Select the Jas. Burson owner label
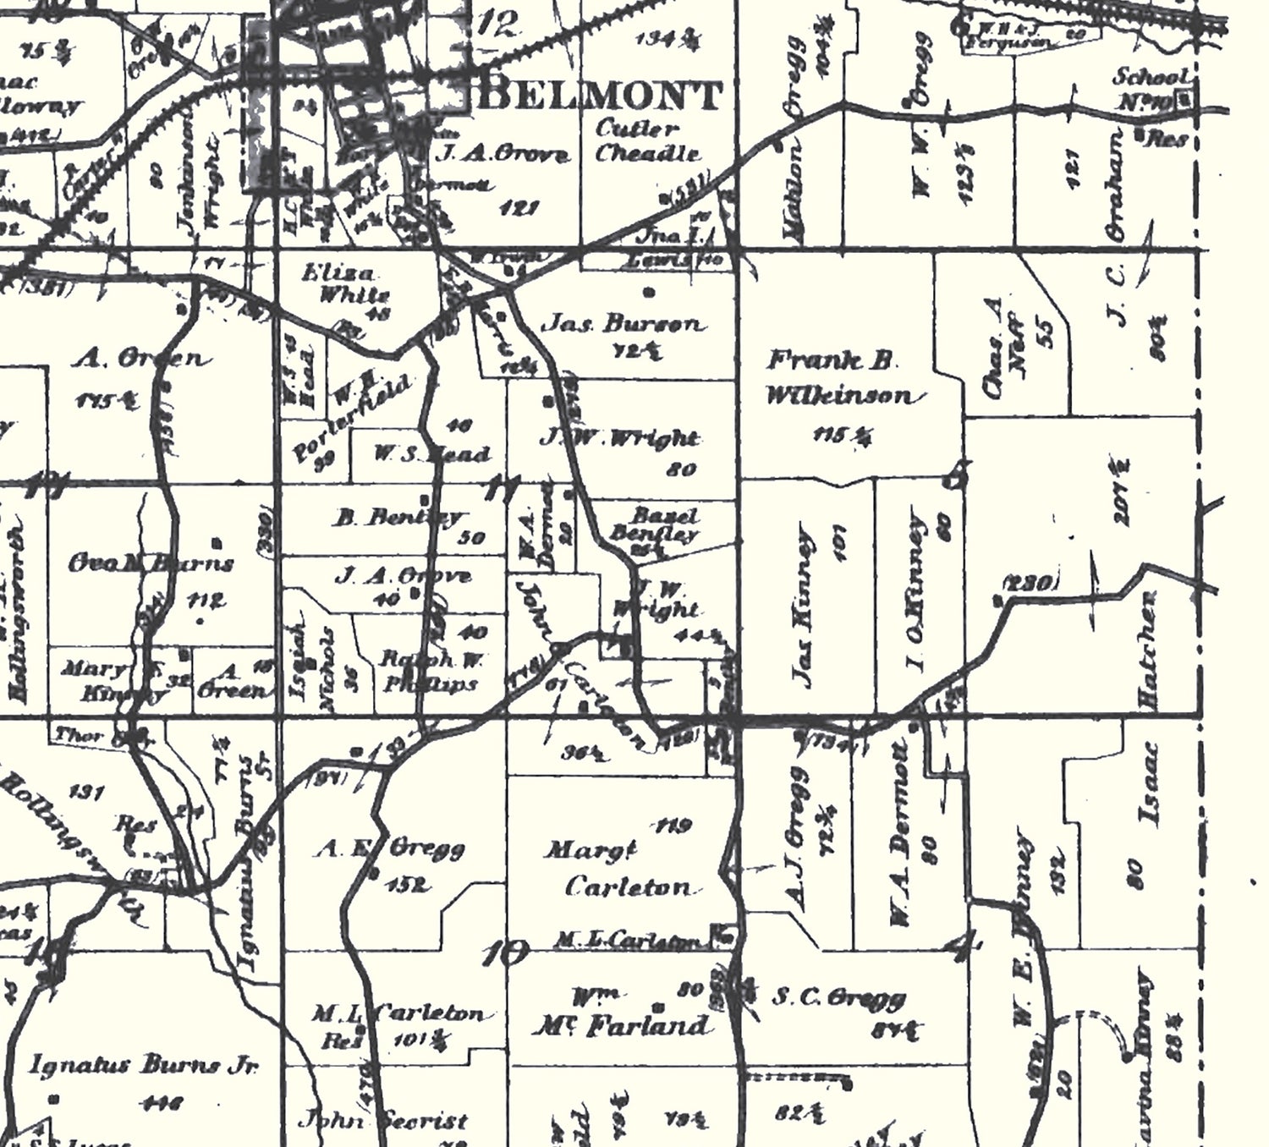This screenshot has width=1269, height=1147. point(624,323)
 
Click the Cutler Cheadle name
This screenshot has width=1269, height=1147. point(647,141)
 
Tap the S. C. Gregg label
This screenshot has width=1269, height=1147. point(838,999)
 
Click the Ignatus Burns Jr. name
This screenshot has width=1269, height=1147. point(144,1065)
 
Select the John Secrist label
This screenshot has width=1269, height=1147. point(382,1122)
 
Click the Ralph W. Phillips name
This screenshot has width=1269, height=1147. point(431,671)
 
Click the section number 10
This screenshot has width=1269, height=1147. point(505,954)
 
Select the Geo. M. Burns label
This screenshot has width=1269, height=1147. point(151,563)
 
